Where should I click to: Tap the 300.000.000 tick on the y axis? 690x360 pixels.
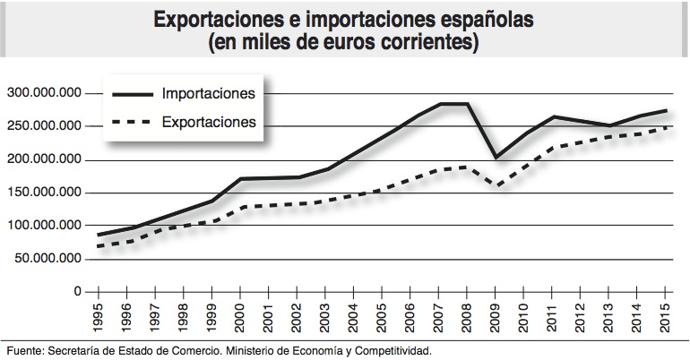click(44, 93)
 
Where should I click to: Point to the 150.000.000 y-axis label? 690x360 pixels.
click(44, 193)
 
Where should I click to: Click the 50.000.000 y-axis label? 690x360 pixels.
click(47, 259)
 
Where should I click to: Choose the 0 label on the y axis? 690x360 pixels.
click(77, 292)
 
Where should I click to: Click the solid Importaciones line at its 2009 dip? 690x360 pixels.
click(496, 158)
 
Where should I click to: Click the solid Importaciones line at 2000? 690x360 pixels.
click(240, 179)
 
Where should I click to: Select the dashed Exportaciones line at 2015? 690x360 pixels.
click(666, 128)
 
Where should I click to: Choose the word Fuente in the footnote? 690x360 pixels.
click(22, 350)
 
